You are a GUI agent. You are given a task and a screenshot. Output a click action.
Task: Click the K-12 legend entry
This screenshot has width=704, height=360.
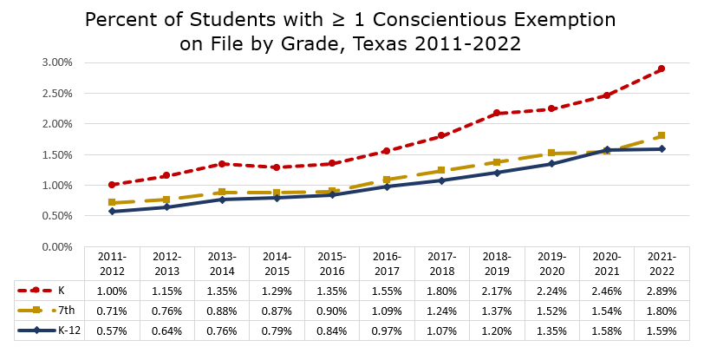[x=66, y=330]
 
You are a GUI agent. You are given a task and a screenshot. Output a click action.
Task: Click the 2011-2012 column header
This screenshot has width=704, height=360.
[x=112, y=264]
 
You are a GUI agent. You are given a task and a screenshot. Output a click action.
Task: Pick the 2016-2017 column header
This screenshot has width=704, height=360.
[x=387, y=264]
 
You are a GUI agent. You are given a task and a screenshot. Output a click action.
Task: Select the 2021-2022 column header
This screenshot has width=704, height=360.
[x=662, y=264]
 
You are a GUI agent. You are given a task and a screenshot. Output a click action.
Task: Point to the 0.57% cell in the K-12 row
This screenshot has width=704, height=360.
[x=112, y=330]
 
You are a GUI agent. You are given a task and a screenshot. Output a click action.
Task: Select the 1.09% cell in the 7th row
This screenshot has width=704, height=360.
[x=387, y=311]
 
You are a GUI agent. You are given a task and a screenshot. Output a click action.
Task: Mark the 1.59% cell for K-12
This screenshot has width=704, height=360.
[x=662, y=330]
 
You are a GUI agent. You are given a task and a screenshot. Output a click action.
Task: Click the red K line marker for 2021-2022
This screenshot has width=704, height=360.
[x=662, y=69]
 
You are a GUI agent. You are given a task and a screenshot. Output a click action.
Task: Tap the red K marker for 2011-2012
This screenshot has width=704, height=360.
[x=112, y=185]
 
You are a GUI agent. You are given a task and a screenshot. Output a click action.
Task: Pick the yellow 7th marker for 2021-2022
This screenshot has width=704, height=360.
[x=662, y=135]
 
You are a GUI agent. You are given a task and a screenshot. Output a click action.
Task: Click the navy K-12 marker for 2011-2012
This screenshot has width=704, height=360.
[x=112, y=212]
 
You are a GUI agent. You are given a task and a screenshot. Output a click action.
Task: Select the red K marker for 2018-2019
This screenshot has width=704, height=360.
[x=497, y=113]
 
